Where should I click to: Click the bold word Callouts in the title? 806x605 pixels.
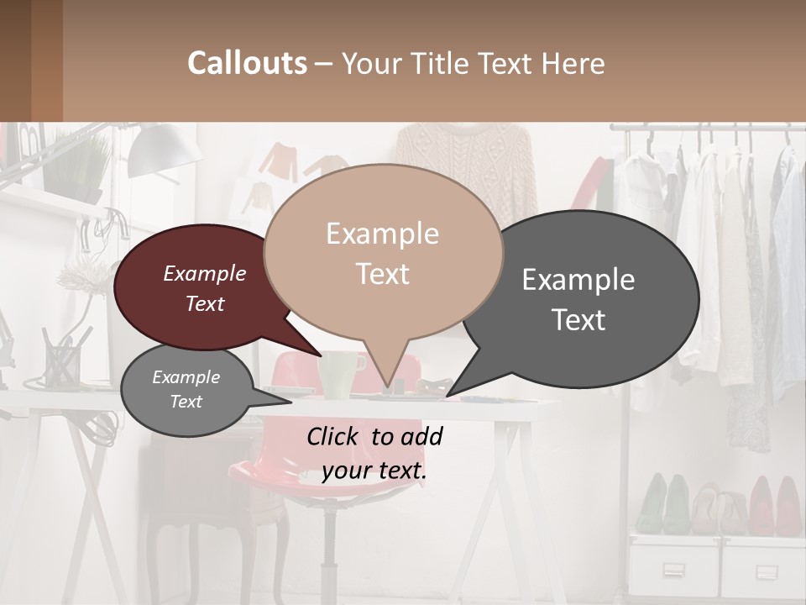coord(247,63)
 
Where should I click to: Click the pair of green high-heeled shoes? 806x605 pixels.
coord(663,504)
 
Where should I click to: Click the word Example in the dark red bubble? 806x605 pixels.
coord(205,274)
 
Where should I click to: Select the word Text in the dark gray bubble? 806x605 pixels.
coord(579,320)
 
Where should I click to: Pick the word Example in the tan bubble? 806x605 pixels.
coord(383,234)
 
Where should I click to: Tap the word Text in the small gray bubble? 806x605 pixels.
coord(186,402)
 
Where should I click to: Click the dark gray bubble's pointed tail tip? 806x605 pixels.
coord(448,395)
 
